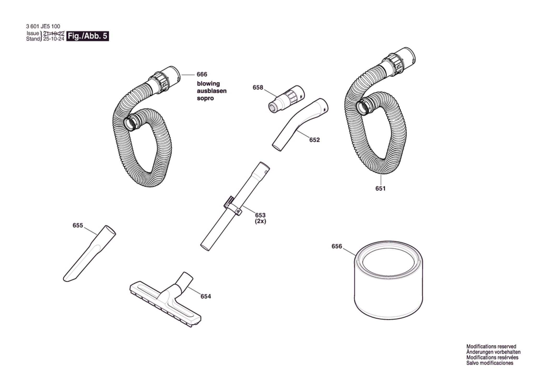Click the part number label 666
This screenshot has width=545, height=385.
202,74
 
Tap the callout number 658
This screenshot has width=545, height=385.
258,87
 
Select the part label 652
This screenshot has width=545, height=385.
314,140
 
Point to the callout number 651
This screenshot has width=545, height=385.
380,188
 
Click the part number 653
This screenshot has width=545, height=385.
260,215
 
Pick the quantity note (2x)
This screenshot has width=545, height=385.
260,221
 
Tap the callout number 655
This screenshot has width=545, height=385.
78,225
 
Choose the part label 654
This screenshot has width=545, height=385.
206,296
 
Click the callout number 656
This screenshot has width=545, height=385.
337,246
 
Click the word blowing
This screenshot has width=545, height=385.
208,84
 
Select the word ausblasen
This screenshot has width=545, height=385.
212,91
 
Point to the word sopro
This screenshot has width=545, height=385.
205,98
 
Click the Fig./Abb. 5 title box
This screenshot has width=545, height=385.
87,36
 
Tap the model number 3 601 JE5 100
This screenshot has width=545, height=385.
43,26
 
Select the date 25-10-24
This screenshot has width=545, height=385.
54,39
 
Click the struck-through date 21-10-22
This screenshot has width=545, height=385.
54,33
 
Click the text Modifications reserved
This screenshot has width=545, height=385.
491,346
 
